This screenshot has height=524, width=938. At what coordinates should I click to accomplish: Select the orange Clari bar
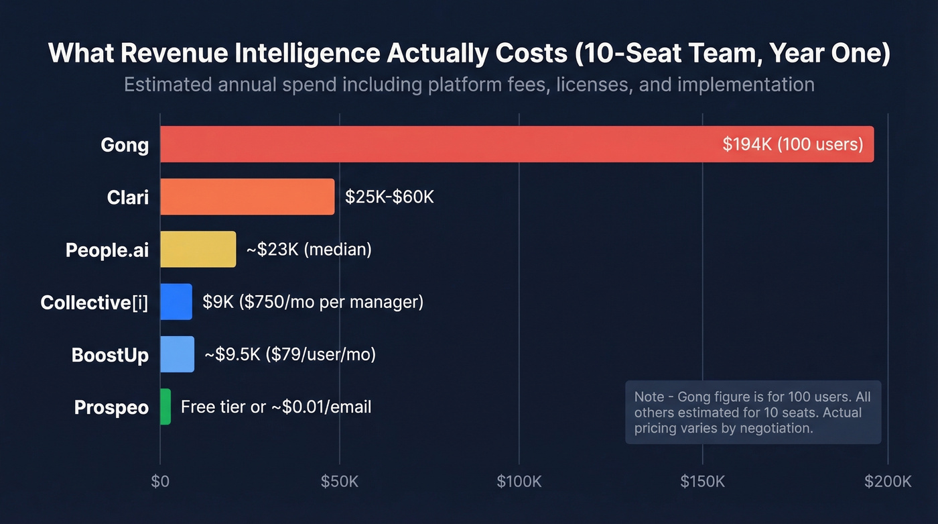coord(247,197)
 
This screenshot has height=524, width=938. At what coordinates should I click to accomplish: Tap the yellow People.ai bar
coord(198,250)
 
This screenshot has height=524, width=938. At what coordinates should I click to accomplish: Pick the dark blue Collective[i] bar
coord(176,302)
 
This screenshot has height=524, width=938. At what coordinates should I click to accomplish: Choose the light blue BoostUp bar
coord(177,354)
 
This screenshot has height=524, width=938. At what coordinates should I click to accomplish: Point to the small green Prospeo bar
coord(165,407)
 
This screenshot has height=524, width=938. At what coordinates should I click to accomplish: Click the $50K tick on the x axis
coord(340,482)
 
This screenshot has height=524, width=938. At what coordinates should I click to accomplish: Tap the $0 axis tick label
coord(160,482)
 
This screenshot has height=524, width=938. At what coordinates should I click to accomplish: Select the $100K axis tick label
coord(519,482)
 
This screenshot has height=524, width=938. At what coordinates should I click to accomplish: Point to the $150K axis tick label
coord(703,482)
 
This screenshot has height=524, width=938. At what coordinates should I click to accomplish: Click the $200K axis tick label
coord(888,482)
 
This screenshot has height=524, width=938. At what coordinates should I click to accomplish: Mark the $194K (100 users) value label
coord(793,144)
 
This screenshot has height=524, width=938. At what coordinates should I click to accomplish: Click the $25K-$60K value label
coord(389,197)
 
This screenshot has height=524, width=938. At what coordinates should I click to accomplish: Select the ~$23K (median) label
coord(309,250)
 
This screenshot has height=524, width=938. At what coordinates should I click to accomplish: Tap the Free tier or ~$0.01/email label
coord(276,407)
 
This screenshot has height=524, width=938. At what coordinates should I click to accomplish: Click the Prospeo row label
coord(111,407)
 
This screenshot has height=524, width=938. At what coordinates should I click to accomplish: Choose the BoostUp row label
coord(110,355)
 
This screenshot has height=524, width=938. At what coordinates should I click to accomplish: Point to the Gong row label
coord(125,145)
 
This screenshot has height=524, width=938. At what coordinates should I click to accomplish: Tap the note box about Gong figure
coord(753,412)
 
